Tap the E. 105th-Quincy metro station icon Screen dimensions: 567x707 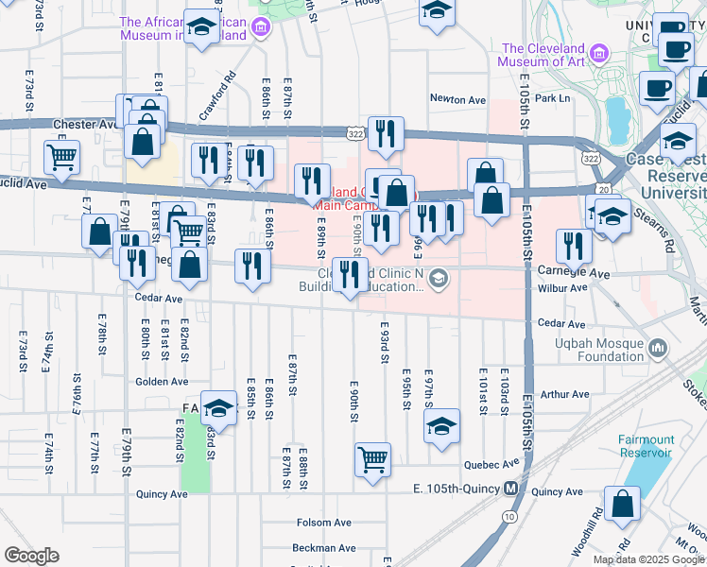[x=510, y=489]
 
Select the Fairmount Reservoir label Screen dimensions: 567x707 [x=647, y=446]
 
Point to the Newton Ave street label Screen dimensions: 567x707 [x=457, y=99]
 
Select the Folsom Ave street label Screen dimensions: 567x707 [x=323, y=523]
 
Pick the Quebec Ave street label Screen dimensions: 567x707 [x=492, y=464]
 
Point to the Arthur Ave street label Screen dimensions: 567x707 [x=565, y=394]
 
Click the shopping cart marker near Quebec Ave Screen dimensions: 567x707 [x=373, y=459]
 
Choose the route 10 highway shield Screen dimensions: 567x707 [x=509, y=516]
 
